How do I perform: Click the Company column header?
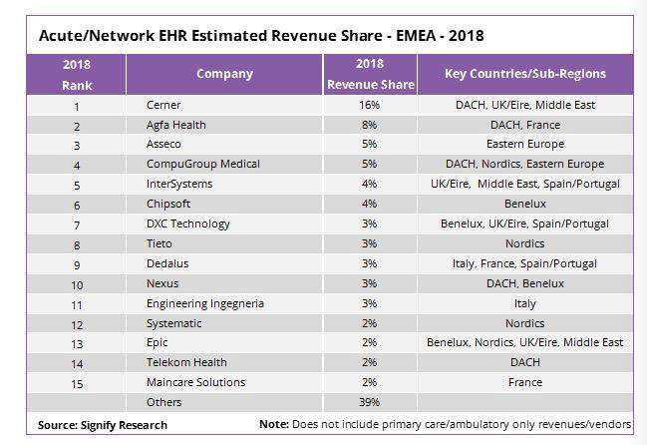(224, 74)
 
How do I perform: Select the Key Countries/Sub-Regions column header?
(525, 74)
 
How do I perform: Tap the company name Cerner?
(163, 105)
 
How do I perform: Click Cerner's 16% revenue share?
(369, 105)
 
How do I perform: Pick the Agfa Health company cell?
(176, 125)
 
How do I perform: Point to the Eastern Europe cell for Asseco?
(525, 144)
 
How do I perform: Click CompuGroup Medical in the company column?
(203, 164)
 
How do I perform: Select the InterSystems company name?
(179, 184)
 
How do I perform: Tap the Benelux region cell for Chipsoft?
(525, 204)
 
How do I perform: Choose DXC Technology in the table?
(188, 223)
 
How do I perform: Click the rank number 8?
(77, 245)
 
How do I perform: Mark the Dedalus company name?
(167, 263)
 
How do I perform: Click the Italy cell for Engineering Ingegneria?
(524, 304)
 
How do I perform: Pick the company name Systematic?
(174, 323)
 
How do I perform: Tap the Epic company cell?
(158, 342)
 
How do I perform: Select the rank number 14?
(77, 364)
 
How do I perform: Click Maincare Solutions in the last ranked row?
(196, 382)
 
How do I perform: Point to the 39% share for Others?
(369, 402)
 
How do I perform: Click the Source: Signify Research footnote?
(103, 425)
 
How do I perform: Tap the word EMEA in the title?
(416, 36)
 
